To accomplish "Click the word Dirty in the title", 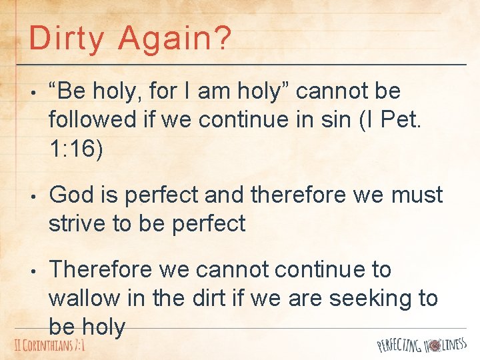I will point(66,38).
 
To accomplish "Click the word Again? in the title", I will point(175,38).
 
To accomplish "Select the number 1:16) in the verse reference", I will point(76,149).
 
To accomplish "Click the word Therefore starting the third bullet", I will point(103,269).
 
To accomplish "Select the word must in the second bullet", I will point(418,195).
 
